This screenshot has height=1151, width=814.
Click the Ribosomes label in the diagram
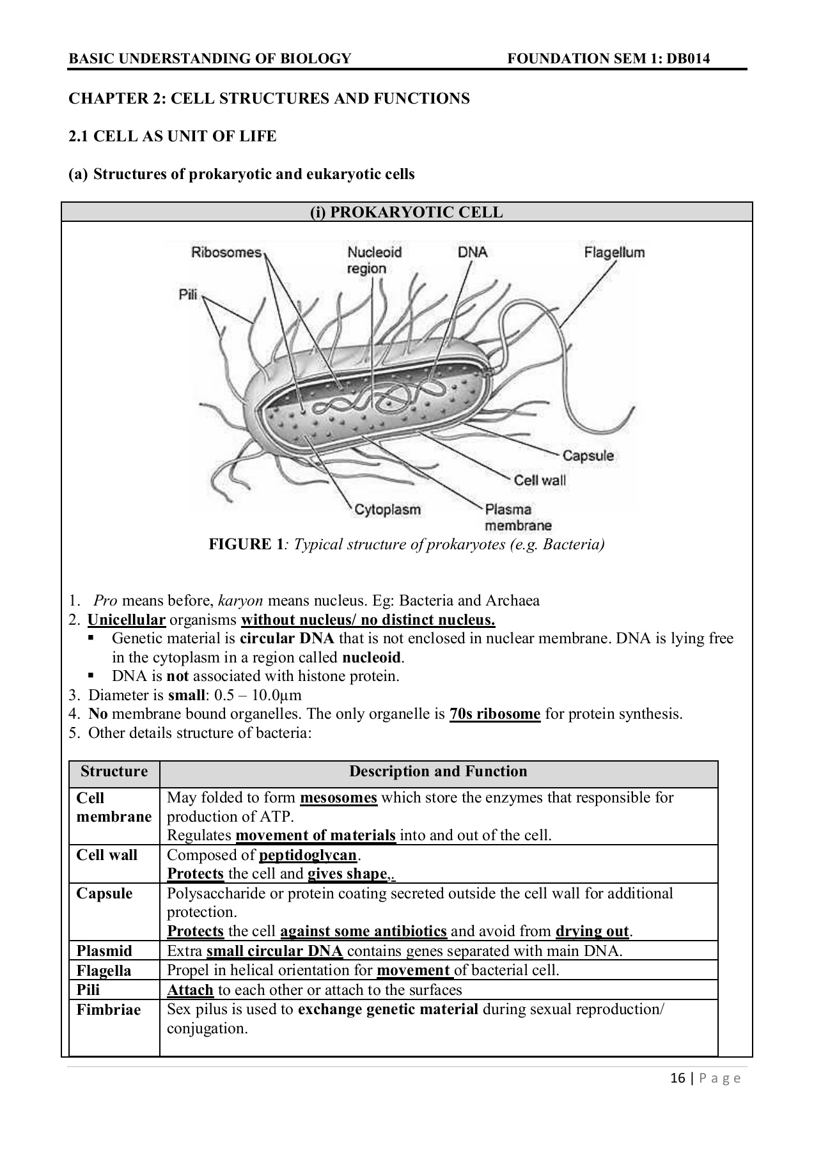pyautogui.click(x=226, y=253)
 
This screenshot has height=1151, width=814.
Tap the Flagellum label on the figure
pyautogui.click(x=614, y=253)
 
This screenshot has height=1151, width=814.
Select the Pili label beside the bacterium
pyautogui.click(x=187, y=295)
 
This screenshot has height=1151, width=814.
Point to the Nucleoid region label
pyautogui.click(x=373, y=260)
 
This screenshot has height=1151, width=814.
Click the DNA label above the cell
pyautogui.click(x=472, y=253)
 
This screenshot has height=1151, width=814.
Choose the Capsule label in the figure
pyautogui.click(x=588, y=456)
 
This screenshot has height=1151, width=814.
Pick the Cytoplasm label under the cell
pyautogui.click(x=387, y=510)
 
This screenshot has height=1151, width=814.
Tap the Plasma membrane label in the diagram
pyautogui.click(x=517, y=517)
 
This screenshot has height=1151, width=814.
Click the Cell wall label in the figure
pyautogui.click(x=540, y=480)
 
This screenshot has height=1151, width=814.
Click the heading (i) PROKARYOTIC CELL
pyautogui.click(x=407, y=212)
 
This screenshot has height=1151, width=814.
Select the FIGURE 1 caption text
pyautogui.click(x=406, y=544)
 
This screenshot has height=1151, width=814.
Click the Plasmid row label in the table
pyautogui.click(x=104, y=951)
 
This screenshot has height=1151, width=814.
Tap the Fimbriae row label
pyautogui.click(x=108, y=1010)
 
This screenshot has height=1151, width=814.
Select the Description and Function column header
pyautogui.click(x=438, y=772)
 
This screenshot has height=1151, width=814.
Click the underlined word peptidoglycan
pyautogui.click(x=308, y=855)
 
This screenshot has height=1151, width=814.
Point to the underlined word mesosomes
pyautogui.click(x=338, y=798)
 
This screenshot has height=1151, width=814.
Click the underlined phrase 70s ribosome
pyautogui.click(x=495, y=714)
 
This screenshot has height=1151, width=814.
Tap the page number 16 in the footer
pyautogui.click(x=678, y=1079)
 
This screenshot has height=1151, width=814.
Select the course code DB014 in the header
pyautogui.click(x=688, y=59)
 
